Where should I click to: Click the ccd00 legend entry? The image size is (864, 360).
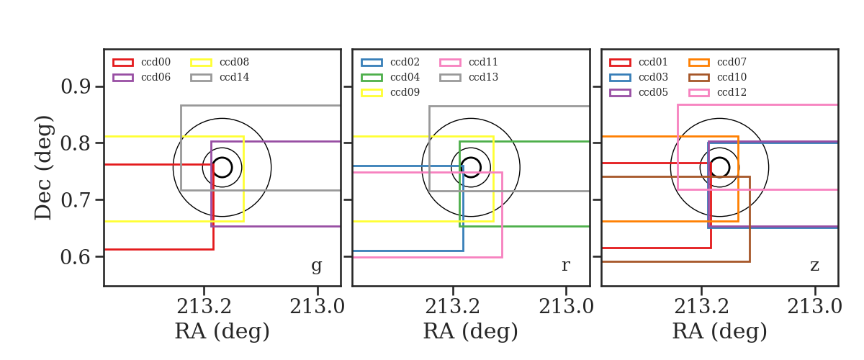click(x=142, y=62)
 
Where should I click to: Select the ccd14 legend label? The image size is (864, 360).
click(x=235, y=77)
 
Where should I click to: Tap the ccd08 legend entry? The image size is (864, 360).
click(x=220, y=62)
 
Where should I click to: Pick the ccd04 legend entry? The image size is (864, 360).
click(x=390, y=77)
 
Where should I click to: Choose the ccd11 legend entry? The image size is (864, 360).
click(x=469, y=62)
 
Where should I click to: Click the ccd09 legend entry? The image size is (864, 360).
click(x=390, y=92)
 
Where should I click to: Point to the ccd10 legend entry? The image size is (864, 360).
click(x=717, y=77)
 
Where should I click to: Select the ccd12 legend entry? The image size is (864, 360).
click(x=717, y=92)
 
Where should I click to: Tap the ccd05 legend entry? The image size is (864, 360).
click(x=639, y=92)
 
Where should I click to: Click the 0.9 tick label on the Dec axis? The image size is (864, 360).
click(x=76, y=86)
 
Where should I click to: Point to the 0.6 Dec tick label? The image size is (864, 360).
click(x=76, y=256)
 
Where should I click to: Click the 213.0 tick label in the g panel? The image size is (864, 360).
click(x=317, y=307)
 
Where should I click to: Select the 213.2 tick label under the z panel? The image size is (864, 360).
click(x=701, y=307)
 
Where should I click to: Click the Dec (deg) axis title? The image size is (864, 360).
click(x=42, y=168)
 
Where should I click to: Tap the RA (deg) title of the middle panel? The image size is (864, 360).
click(x=471, y=331)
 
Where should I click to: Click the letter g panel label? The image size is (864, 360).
click(x=316, y=266)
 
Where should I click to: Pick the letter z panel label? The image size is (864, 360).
click(x=814, y=266)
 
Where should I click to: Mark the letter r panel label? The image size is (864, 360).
click(x=565, y=266)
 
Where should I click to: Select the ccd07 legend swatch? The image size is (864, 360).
click(x=698, y=62)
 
